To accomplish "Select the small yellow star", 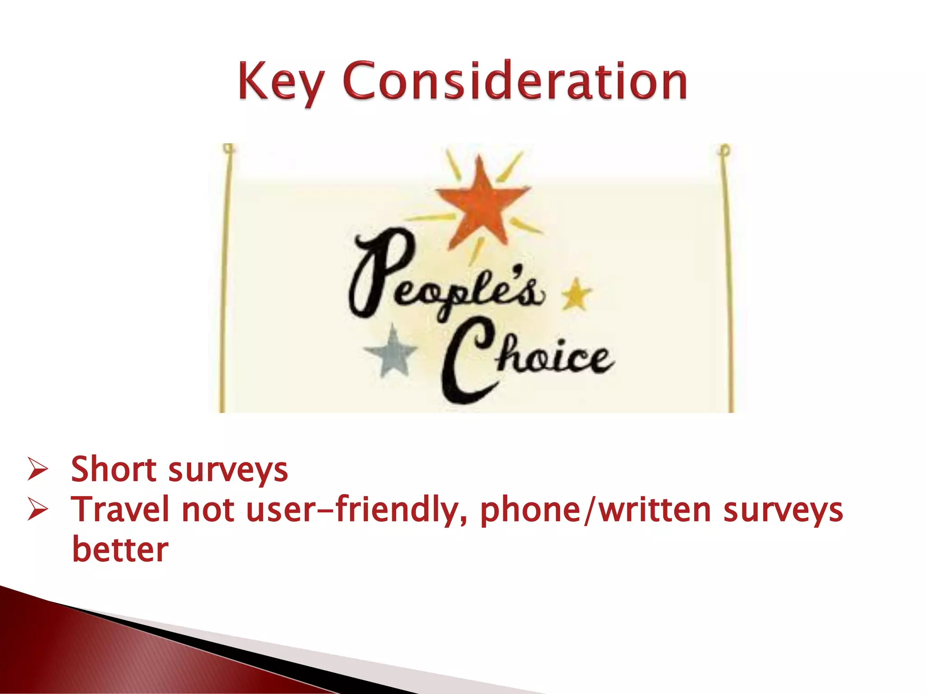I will (x=576, y=294).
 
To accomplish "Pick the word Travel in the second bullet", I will (x=122, y=509).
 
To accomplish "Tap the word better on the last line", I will (x=120, y=550).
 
